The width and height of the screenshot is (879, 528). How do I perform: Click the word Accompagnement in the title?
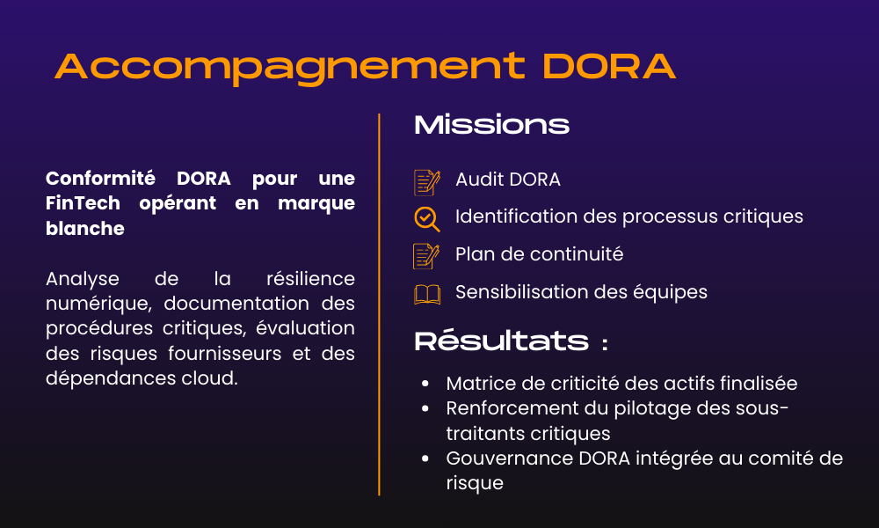[289, 66]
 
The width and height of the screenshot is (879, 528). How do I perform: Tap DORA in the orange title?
[608, 66]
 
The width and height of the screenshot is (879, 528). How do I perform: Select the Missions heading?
[491, 125]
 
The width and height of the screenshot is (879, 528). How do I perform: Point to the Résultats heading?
[502, 341]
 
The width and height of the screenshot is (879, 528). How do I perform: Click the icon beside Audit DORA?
[426, 181]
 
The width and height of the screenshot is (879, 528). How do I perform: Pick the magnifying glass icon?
[426, 217]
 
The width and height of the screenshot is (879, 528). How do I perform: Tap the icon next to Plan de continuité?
[426, 255]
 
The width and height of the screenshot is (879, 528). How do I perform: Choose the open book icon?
[427, 294]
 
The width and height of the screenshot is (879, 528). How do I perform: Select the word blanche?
[85, 229]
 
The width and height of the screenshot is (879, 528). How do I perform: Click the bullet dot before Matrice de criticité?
[425, 384]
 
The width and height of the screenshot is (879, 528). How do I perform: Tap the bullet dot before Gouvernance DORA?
[425, 458]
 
